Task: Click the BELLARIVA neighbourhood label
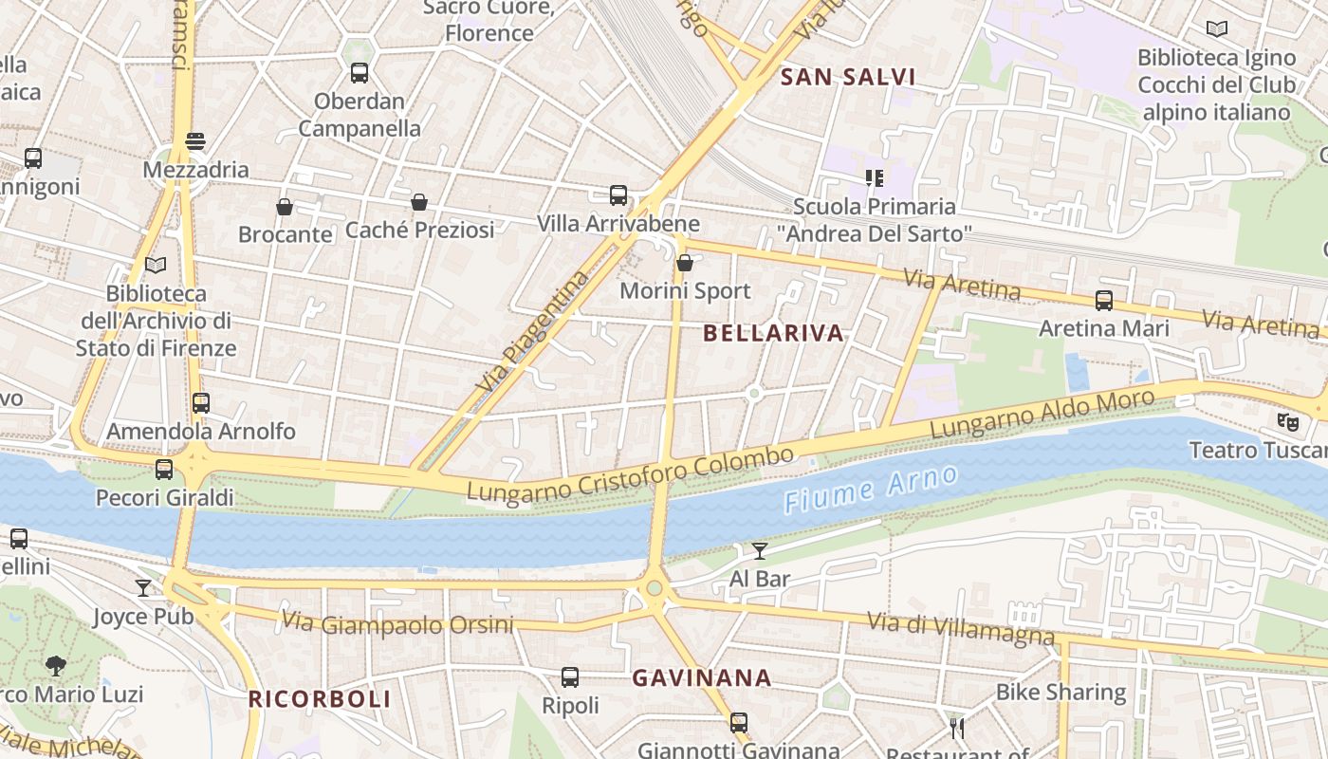(774, 333)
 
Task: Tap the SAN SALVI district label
(847, 78)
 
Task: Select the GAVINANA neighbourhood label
(701, 678)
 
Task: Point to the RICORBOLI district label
(320, 699)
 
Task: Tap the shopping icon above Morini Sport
(684, 263)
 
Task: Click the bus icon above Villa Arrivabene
(618, 195)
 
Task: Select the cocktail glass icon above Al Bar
(760, 550)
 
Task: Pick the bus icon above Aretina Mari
(1104, 301)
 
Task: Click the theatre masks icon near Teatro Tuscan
(1287, 420)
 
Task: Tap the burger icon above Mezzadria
(195, 141)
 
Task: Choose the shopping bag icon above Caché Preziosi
(419, 202)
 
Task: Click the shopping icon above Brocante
(285, 206)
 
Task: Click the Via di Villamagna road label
(960, 628)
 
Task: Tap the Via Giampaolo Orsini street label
(397, 624)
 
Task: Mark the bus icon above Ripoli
(570, 677)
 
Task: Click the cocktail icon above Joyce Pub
(143, 588)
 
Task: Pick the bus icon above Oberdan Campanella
(360, 73)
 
